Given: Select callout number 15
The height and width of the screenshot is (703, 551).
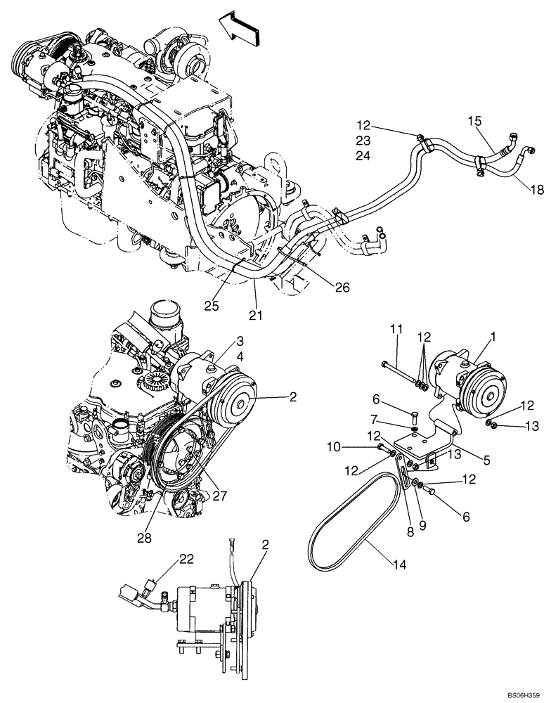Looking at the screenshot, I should [476, 122].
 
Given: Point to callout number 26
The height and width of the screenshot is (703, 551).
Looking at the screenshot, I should [342, 287].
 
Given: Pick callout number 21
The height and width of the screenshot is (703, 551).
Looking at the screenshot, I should [256, 316].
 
